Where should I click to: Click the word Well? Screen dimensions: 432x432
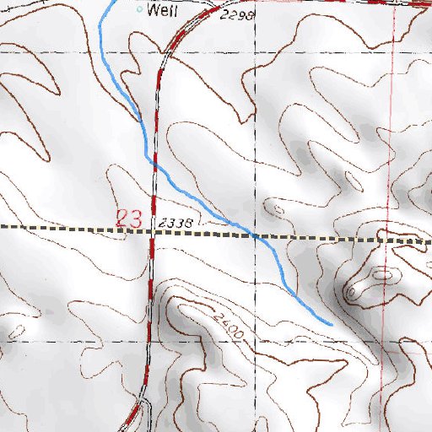(160, 11)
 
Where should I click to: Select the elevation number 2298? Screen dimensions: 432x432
(235, 16)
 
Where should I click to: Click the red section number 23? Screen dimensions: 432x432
(129, 218)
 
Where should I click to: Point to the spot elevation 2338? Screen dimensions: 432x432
(176, 222)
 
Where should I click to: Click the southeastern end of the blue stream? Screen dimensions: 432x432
(332, 323)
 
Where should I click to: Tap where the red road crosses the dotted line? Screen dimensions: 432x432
(153, 229)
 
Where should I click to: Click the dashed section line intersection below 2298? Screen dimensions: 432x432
(255, 52)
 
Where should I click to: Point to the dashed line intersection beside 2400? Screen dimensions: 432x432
(255, 343)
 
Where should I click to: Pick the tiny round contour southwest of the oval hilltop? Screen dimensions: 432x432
(349, 292)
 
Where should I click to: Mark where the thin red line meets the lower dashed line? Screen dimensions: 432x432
(379, 343)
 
